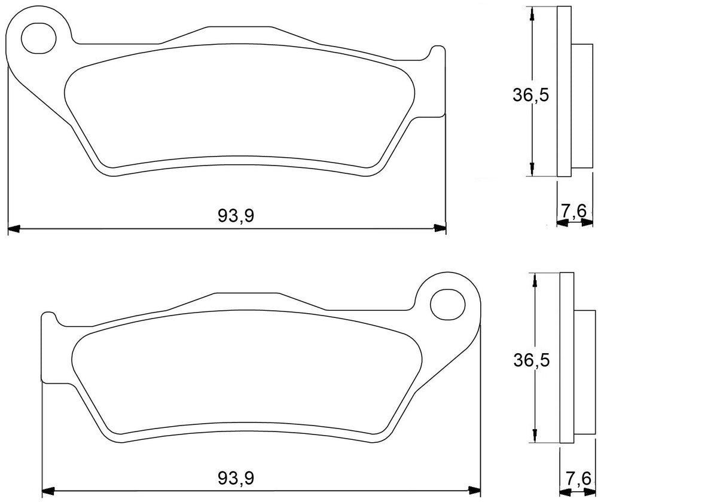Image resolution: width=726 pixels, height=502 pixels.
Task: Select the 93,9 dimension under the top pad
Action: pyautogui.click(x=236, y=216)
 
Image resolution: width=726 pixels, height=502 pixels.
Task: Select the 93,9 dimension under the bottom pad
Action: pyautogui.click(x=236, y=478)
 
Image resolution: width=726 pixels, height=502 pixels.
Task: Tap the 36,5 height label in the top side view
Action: pyautogui.click(x=530, y=95)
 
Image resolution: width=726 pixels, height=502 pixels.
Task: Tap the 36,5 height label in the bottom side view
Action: pyautogui.click(x=531, y=360)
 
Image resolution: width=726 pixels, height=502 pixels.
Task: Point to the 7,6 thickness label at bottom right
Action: pyautogui.click(x=578, y=478)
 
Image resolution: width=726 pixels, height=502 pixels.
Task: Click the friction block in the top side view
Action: pyautogui.click(x=582, y=106)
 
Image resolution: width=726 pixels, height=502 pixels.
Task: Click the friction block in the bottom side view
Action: pyautogui.click(x=585, y=374)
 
